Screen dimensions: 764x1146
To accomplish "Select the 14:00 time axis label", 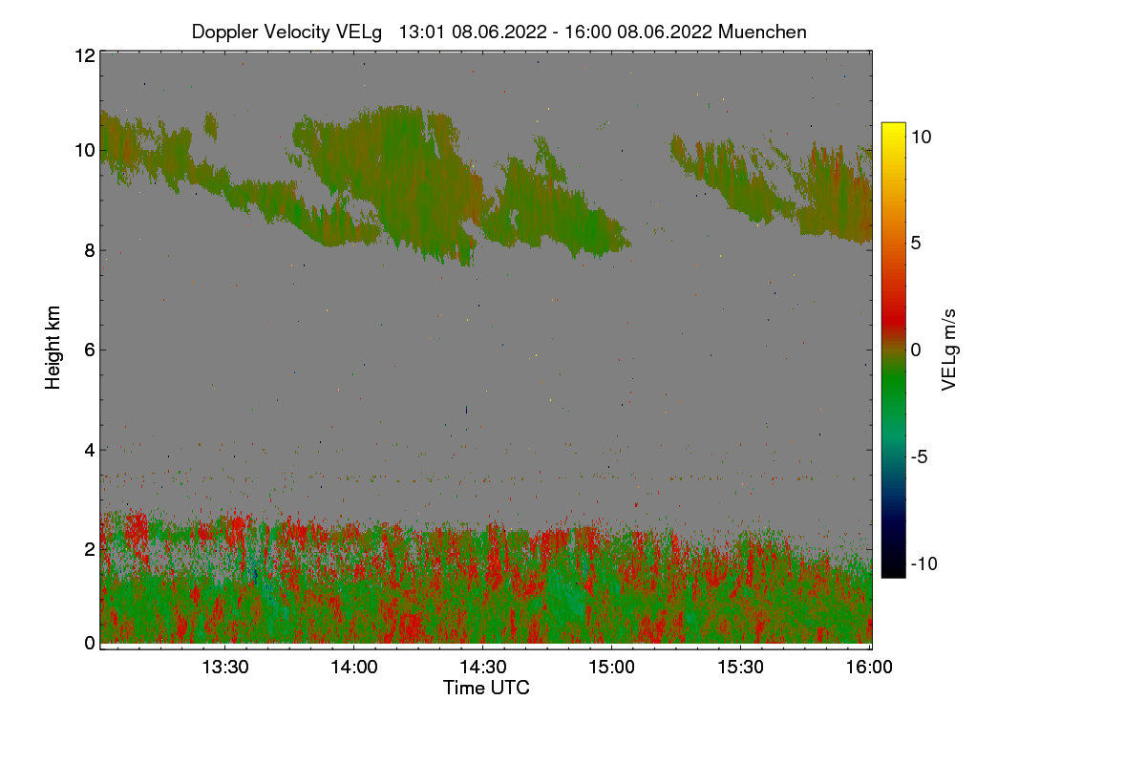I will tap(353, 668).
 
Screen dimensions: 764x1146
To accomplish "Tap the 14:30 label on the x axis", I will tap(482, 668).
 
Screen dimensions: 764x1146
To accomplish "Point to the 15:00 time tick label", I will tap(611, 668).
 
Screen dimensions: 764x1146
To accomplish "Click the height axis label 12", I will tap(84, 55).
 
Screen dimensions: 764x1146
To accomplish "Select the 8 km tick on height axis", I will tap(89, 251).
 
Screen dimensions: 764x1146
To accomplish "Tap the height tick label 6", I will tap(89, 350).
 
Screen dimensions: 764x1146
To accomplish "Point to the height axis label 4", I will tap(89, 450).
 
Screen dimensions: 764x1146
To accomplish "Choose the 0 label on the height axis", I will tap(89, 643).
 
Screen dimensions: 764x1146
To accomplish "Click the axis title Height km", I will tap(53, 348).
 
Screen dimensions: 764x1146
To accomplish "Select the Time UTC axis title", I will tap(486, 688).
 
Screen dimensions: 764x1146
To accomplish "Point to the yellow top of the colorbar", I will tap(893, 128).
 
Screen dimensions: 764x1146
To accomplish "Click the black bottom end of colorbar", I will tap(893, 572).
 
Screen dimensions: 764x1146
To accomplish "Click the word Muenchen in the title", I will tap(762, 32).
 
